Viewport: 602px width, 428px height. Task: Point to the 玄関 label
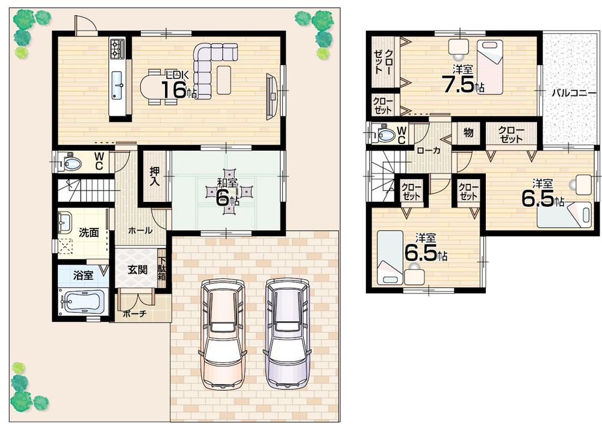138,269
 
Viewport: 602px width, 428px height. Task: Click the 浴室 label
83,275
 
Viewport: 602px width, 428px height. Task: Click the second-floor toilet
383,134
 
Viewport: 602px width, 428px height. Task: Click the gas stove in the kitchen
117,47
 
